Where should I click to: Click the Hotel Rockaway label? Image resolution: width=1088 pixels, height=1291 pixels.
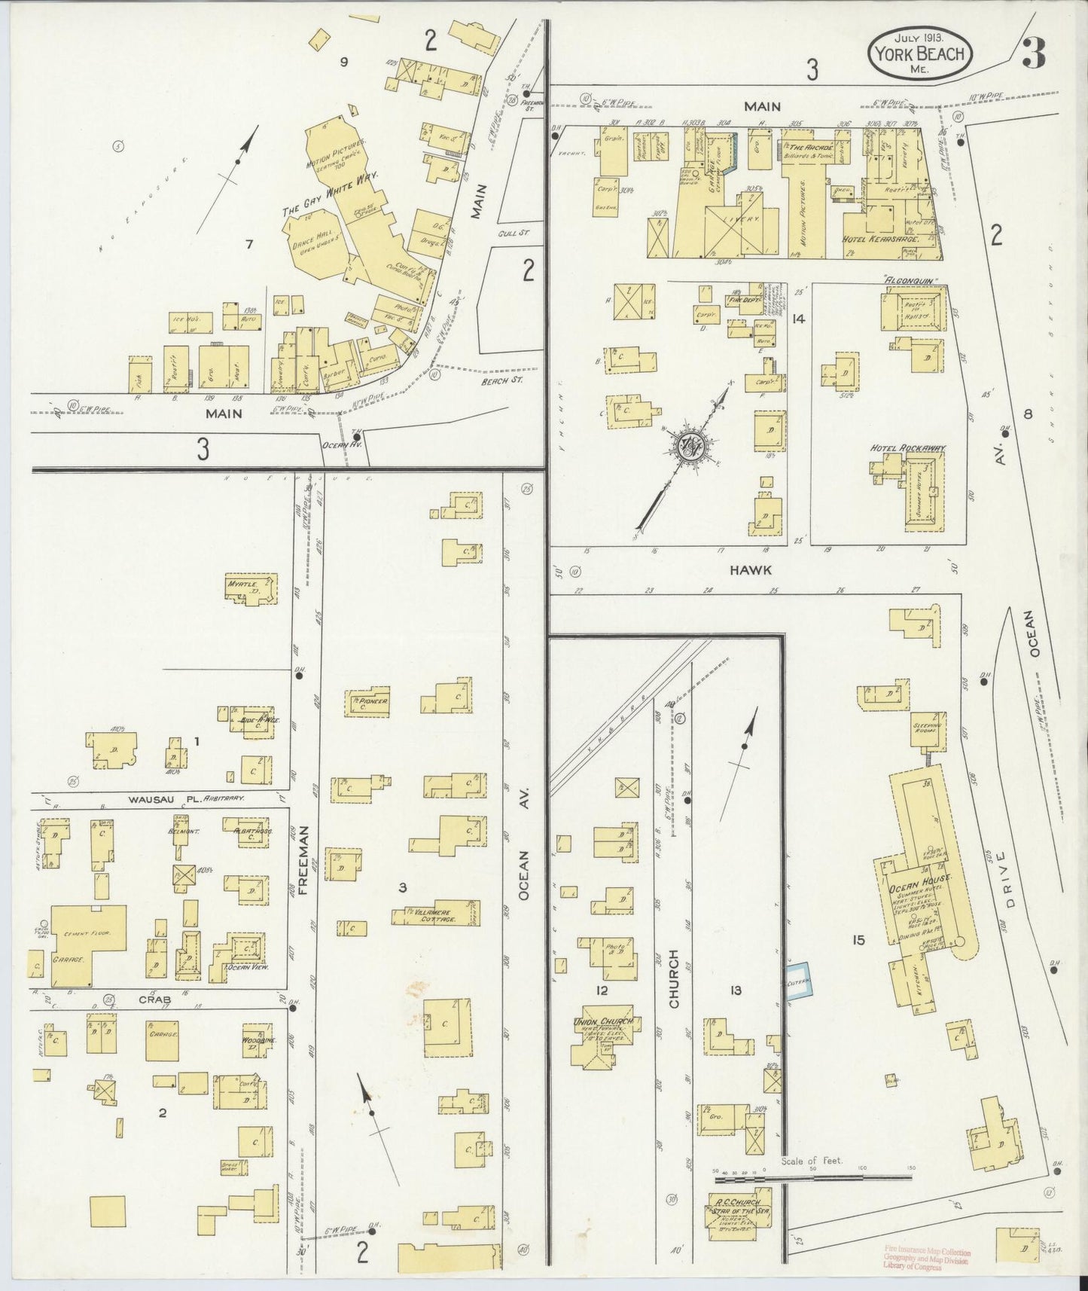pyautogui.click(x=907, y=448)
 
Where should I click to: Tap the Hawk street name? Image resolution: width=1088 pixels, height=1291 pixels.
pyautogui.click(x=750, y=570)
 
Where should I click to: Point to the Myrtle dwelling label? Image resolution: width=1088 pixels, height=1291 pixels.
pyautogui.click(x=243, y=584)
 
